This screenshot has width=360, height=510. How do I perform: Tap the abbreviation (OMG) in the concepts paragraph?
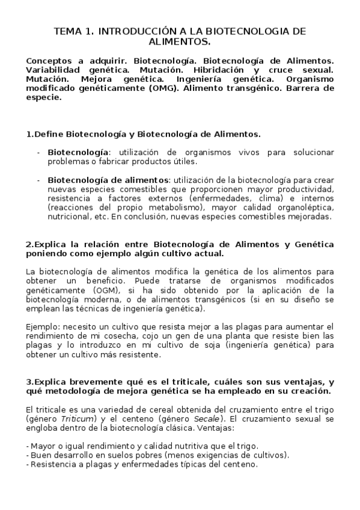point(158,88)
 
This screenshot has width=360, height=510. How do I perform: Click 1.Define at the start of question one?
point(44,134)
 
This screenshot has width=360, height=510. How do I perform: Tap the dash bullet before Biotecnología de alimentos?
point(38,180)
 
